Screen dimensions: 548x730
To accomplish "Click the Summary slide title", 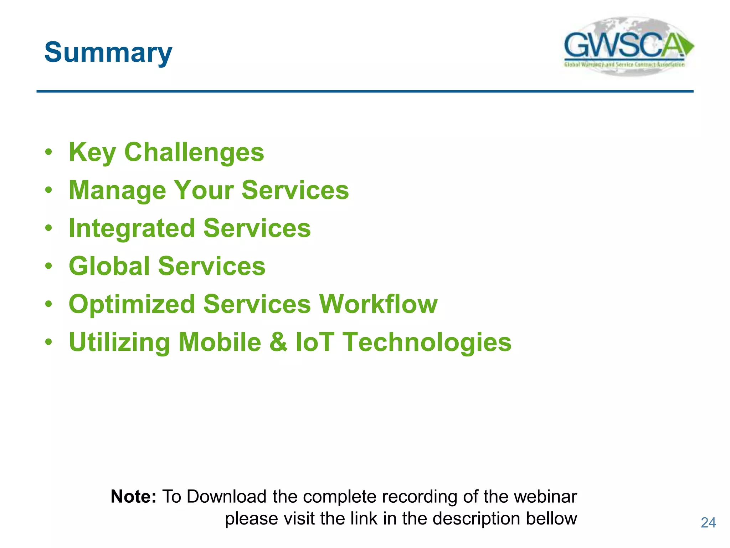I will [108, 52].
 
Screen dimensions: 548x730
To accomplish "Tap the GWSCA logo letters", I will [622, 45].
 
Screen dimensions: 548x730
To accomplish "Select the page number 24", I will [708, 523].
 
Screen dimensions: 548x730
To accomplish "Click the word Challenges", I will [194, 152].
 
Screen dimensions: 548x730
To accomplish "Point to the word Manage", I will [117, 191].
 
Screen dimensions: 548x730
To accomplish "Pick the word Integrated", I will [132, 228].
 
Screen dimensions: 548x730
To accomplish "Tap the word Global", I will [109, 266].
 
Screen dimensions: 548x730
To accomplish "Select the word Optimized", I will [132, 304].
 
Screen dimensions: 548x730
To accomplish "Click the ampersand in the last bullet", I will [278, 342].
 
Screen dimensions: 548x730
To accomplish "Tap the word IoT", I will [315, 342].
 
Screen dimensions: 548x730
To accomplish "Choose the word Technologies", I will [427, 342].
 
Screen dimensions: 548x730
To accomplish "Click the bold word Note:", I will [133, 496].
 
